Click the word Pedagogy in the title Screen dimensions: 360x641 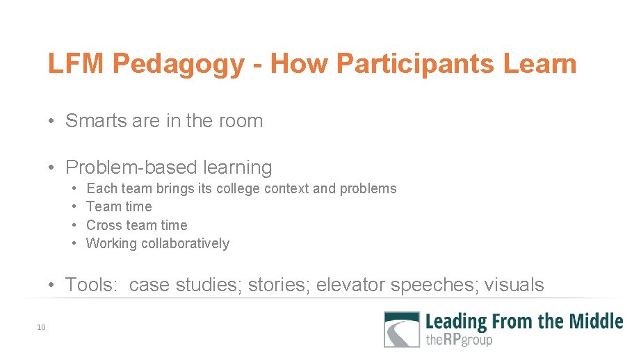pyautogui.click(x=178, y=65)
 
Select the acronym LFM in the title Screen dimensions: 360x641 pyautogui.click(x=76, y=65)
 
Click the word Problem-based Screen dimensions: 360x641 pyautogui.click(x=131, y=167)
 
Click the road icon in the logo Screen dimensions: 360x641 pyautogui.click(x=402, y=329)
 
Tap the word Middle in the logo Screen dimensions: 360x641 pyautogui.click(x=596, y=321)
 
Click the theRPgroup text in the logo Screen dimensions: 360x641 pyautogui.click(x=460, y=340)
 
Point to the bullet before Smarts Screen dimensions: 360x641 pyautogui.click(x=52, y=122)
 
